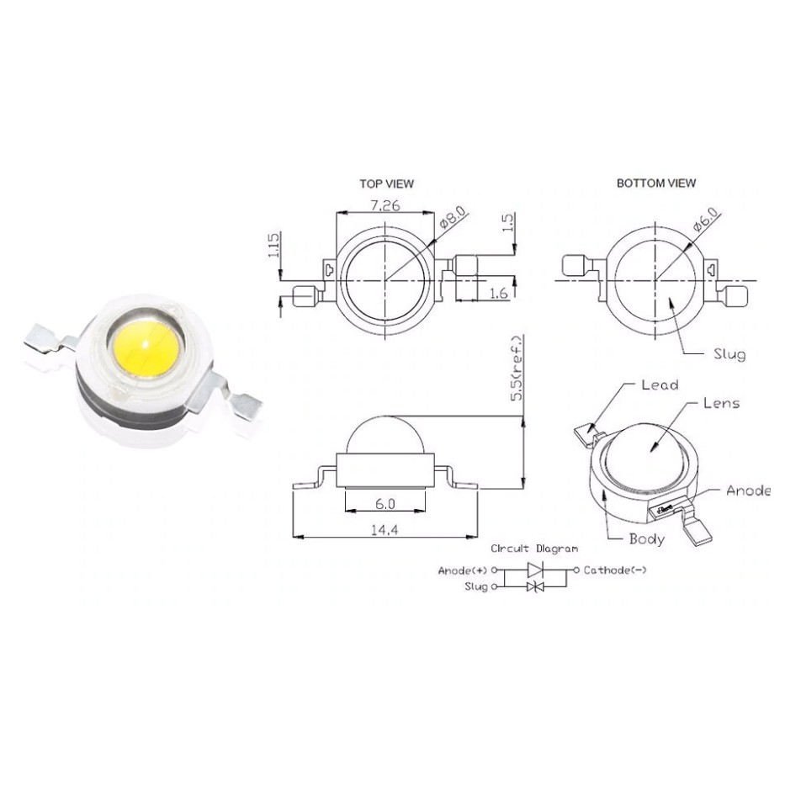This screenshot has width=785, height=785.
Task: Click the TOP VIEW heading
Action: click(386, 183)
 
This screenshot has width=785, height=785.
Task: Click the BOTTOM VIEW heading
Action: click(655, 183)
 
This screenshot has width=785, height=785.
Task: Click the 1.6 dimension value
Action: click(498, 293)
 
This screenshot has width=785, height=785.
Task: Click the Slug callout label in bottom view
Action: click(728, 354)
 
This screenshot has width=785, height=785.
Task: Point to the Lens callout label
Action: click(721, 403)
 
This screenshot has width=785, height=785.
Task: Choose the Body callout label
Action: click(646, 538)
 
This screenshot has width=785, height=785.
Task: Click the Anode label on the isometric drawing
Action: click(747, 491)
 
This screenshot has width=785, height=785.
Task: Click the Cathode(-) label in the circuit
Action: click(615, 570)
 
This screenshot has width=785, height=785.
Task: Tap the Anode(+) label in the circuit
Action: click(464, 570)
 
